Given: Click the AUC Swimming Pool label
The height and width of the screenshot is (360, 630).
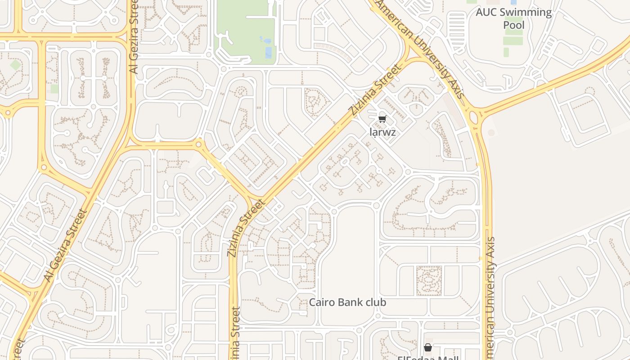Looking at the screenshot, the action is pos(513,18).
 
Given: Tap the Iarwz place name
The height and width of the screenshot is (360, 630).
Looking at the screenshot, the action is pos(382,132).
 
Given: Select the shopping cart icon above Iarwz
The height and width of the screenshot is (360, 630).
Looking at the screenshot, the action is pos(382,119).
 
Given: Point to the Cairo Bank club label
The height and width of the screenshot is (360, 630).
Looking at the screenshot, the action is pos(347,302).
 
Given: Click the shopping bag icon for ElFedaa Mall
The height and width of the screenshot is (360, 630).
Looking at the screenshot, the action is pos(427,347).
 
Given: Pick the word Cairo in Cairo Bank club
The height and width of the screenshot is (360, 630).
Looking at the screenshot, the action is pos(321,302).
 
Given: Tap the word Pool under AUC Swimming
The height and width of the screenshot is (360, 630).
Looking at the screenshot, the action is pos(513,25).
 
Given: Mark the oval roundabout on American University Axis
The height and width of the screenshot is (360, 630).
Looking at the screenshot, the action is pos(473,117).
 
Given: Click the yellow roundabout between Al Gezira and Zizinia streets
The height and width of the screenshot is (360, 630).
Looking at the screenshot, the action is pos(198,144).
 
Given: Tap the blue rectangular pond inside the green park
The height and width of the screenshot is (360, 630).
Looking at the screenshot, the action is pos(269,53).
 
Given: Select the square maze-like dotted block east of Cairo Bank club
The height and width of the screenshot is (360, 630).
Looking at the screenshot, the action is pos(429,280).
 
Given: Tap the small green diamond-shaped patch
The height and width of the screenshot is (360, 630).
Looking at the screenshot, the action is pos(15,65).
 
